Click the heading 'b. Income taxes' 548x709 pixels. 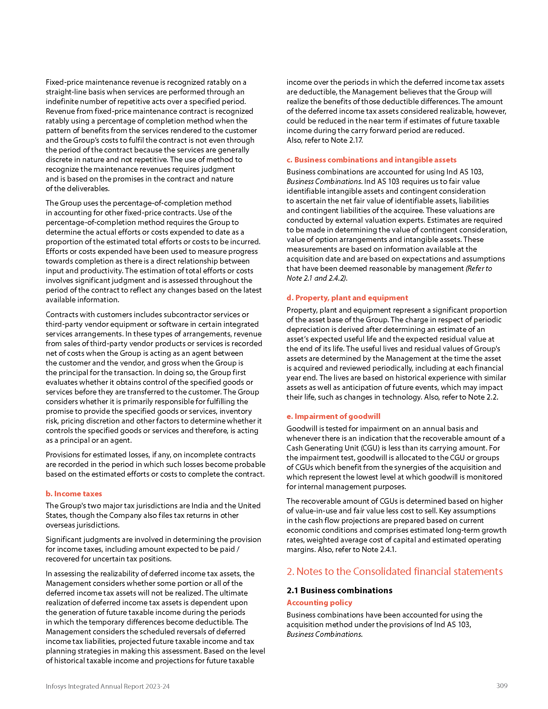tap(74, 493)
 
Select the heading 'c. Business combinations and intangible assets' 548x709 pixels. tap(371, 160)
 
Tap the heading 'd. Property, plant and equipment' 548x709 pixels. tap(347, 298)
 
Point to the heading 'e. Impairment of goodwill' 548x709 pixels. tap(333, 416)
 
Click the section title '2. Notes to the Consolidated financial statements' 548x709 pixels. tap(395, 571)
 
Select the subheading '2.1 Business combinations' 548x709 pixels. tap(339, 590)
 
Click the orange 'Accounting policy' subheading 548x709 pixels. tap(319, 603)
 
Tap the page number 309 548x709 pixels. tap(502, 685)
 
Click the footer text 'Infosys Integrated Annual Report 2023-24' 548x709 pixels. tap(107, 686)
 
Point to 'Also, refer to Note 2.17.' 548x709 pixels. tap(325, 140)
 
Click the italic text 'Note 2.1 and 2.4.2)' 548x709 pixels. tap(317, 278)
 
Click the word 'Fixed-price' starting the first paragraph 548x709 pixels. tap(64, 83)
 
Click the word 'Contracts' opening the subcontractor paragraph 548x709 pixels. tap(62, 315)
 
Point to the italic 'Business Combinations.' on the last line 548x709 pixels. tap(324, 634)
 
